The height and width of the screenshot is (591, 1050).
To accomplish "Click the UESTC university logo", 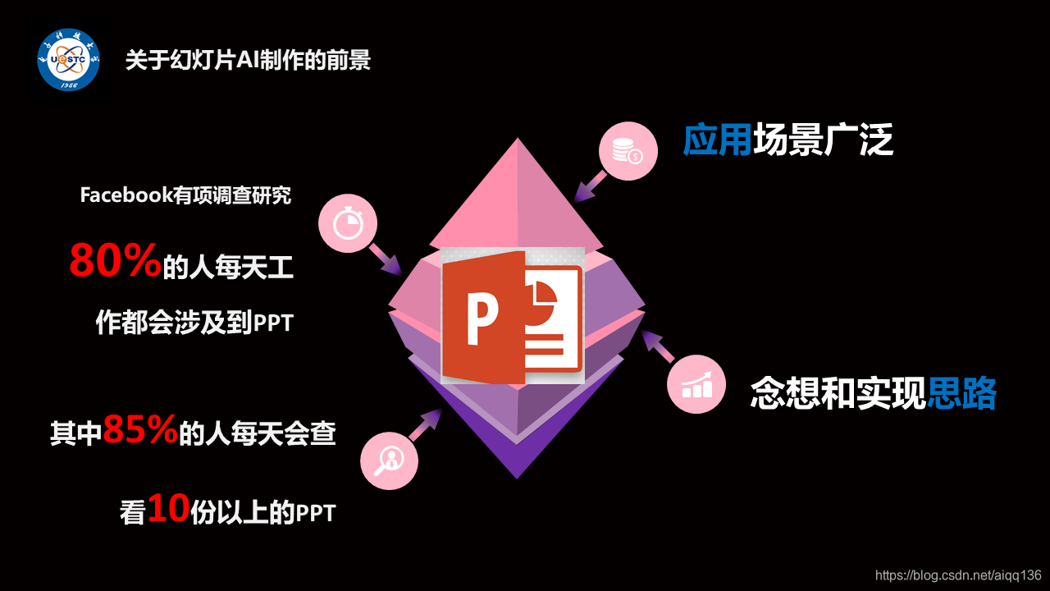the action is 69,60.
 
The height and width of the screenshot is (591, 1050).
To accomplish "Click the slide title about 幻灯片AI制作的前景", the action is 248,61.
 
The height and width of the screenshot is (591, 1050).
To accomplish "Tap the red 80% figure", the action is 114,261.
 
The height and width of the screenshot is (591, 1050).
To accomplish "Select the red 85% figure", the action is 140,430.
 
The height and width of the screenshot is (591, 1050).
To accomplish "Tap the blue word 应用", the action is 717,141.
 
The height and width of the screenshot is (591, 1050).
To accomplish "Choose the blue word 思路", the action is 961,394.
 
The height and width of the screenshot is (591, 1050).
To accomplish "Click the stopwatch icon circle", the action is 348,222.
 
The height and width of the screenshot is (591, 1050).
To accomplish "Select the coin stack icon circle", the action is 628,151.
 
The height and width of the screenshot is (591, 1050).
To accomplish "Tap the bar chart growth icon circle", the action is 696,384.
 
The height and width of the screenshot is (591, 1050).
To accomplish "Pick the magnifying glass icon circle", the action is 389,460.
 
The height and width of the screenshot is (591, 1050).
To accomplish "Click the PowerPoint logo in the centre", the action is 513,315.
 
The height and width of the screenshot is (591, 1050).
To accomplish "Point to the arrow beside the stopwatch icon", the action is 384,258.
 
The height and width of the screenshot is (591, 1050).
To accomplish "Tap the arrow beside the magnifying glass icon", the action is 426,425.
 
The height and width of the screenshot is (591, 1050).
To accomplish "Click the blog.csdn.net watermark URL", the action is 958,575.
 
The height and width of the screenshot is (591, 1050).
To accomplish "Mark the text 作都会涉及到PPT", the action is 194,323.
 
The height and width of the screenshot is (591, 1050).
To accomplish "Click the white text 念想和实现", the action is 838,394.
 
